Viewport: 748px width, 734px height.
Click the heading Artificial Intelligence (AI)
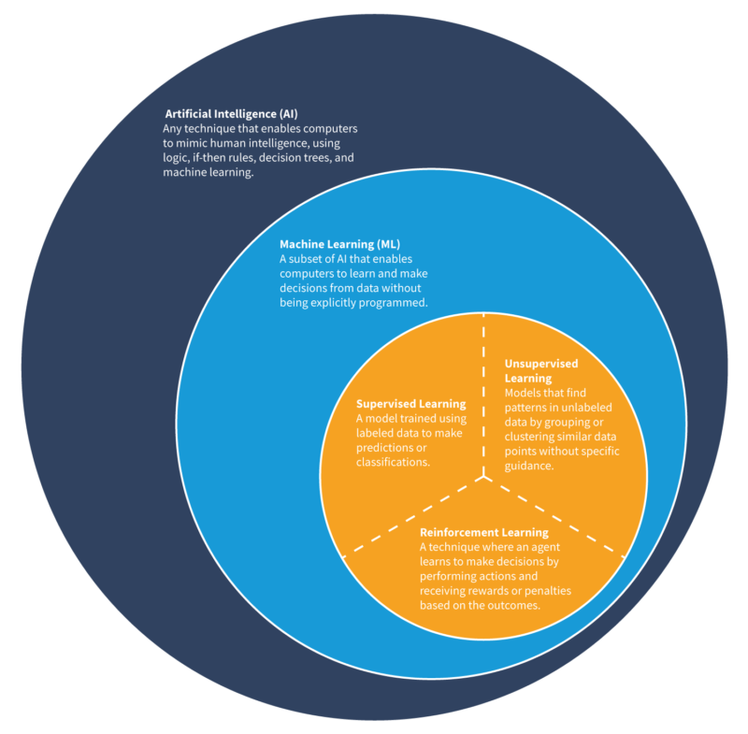click(x=231, y=113)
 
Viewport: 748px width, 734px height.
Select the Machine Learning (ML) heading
click(x=339, y=244)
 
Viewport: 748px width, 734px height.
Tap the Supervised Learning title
click(x=410, y=404)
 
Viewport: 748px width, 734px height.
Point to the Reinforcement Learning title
click(x=484, y=533)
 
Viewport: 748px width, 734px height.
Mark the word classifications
click(x=392, y=463)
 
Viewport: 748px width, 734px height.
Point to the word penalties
click(x=546, y=591)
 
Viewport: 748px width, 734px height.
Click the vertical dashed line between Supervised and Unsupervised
click(x=483, y=393)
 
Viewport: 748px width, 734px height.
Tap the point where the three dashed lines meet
click(x=483, y=479)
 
